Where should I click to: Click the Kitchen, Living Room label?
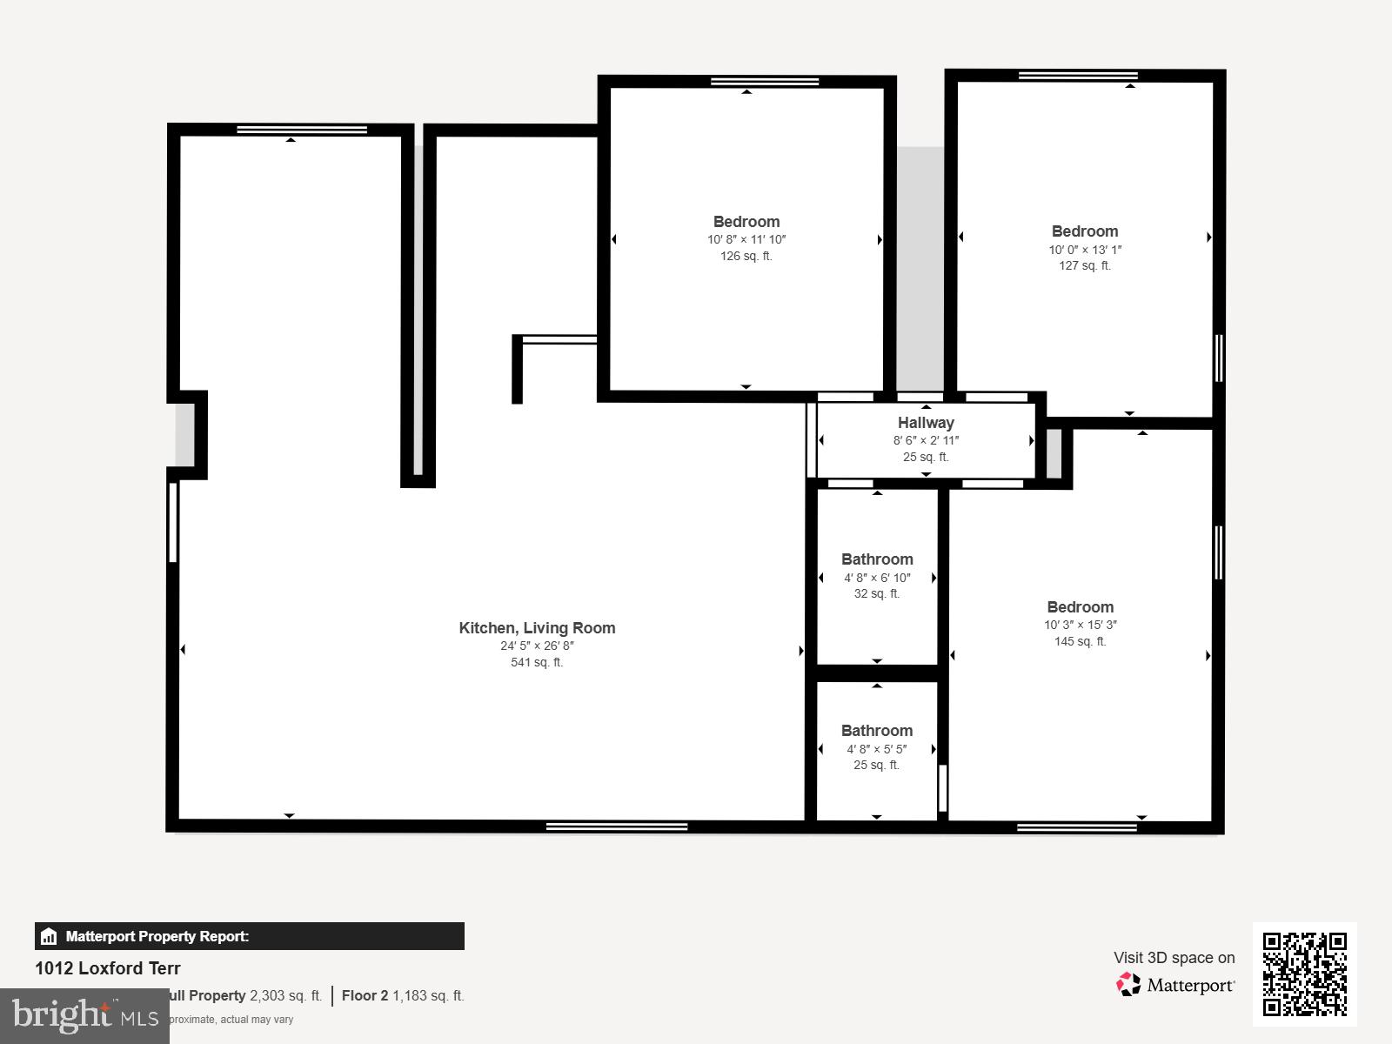pos(537,628)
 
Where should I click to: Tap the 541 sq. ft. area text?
pos(537,663)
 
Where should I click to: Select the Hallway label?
pos(926,423)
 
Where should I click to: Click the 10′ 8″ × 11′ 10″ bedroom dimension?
pos(746,239)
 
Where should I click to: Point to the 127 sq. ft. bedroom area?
pos(1084,266)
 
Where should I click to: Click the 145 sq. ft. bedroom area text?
pos(1080,642)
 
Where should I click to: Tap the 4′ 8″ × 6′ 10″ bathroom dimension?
pos(877,578)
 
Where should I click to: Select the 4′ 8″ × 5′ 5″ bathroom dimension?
pos(877,749)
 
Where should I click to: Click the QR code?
pos(1304,974)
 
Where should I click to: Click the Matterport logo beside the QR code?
pos(1175,985)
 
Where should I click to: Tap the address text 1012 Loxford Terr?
pos(108,968)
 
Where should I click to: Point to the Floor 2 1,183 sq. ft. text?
pos(403,996)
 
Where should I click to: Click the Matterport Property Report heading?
pos(157,937)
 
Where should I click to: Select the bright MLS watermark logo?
pos(84,1015)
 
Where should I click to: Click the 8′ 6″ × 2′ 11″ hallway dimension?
pos(926,441)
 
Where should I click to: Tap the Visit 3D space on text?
pos(1174,958)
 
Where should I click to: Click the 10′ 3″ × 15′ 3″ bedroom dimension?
pos(1081,625)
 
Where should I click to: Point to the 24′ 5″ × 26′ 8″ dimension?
pos(537,646)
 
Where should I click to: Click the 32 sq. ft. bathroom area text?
pos(877,594)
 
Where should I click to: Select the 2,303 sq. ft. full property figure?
pos(285,996)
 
